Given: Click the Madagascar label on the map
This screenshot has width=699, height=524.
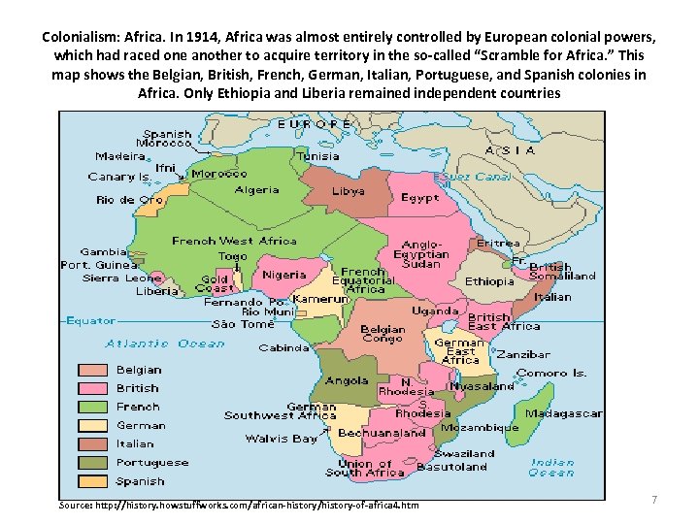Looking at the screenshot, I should pyautogui.click(x=563, y=413).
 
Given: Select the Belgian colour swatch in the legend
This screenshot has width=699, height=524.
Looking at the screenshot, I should pyautogui.click(x=92, y=370).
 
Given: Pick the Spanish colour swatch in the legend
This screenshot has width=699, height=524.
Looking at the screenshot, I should pyautogui.click(x=92, y=481).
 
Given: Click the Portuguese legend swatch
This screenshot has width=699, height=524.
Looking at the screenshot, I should pyautogui.click(x=92, y=463).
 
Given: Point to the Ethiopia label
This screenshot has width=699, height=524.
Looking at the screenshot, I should pyautogui.click(x=489, y=281).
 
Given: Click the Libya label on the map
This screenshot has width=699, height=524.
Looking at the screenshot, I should pyautogui.click(x=348, y=191).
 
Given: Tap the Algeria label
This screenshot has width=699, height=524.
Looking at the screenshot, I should pyautogui.click(x=256, y=190).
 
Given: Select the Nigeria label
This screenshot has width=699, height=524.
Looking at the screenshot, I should pyautogui.click(x=283, y=275).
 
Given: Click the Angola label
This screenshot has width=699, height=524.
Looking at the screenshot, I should pyautogui.click(x=347, y=381).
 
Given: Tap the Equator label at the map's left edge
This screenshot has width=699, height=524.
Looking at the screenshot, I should pyautogui.click(x=89, y=320).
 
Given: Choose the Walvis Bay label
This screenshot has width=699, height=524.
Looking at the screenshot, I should pyautogui.click(x=282, y=440).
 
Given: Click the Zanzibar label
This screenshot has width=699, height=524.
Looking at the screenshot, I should pyautogui.click(x=522, y=355).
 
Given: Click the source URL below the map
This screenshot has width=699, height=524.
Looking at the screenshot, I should pyautogui.click(x=239, y=506).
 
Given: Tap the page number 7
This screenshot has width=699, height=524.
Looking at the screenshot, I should pyautogui.click(x=653, y=500).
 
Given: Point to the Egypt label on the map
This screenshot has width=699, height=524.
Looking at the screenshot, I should pyautogui.click(x=419, y=197).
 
